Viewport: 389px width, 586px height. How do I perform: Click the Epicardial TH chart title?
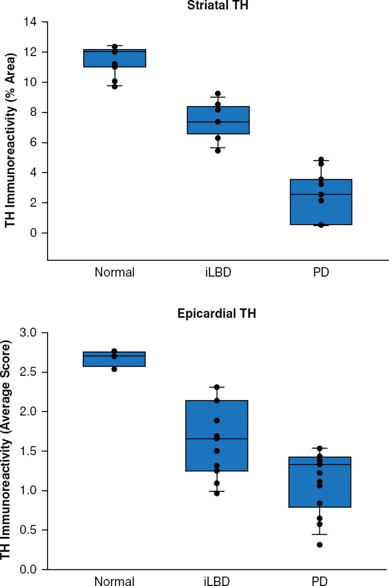pyautogui.click(x=217, y=315)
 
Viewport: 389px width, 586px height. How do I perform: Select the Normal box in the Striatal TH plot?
pyautogui.click(x=114, y=58)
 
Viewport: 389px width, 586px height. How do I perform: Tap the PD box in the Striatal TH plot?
pyautogui.click(x=321, y=202)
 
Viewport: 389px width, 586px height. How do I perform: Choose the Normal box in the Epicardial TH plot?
pyautogui.click(x=114, y=359)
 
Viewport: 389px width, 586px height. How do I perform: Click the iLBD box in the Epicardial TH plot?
pyautogui.click(x=217, y=435)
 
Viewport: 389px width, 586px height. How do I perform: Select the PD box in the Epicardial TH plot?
pyautogui.click(x=320, y=482)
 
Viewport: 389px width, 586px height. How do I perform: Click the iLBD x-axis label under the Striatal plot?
pyautogui.click(x=217, y=272)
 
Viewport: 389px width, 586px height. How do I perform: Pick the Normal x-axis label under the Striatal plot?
pyautogui.click(x=114, y=272)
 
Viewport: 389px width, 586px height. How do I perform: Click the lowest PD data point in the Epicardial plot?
pyautogui.click(x=320, y=545)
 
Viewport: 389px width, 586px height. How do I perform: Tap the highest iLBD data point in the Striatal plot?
pyautogui.click(x=218, y=93)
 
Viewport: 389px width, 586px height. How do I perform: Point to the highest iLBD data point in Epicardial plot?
pyautogui.click(x=217, y=387)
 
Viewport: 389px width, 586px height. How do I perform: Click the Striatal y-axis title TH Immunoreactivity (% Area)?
pyautogui.click(x=11, y=140)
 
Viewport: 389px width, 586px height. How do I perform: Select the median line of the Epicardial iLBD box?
pyautogui.click(x=217, y=439)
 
